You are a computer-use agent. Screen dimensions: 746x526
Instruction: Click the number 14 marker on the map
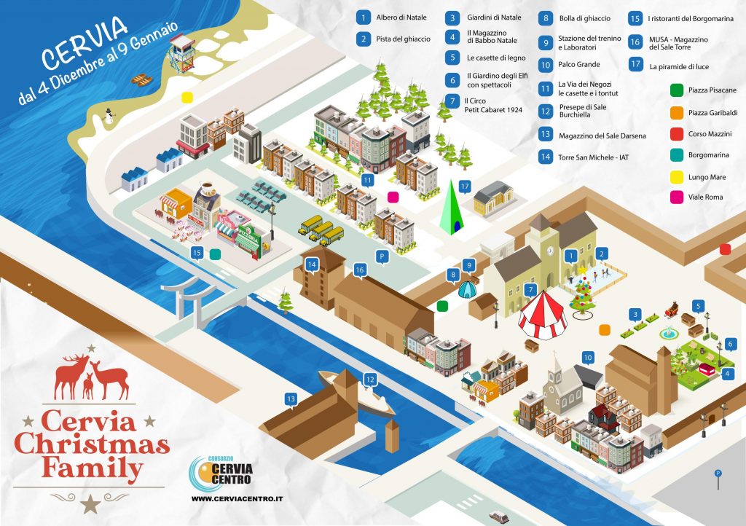tap(312, 265)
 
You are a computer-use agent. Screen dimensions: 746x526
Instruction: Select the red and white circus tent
tap(542, 315)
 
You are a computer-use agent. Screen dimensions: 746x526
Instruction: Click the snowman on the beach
tap(109, 116)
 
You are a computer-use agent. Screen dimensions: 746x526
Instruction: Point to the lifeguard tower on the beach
tap(181, 53)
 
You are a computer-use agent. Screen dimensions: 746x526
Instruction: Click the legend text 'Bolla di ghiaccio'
tap(585, 18)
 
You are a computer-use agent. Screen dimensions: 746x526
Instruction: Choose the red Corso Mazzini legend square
tap(677, 134)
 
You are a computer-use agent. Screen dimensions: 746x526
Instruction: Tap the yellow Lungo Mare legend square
tap(677, 177)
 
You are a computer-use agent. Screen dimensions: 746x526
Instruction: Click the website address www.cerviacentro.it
tap(237, 499)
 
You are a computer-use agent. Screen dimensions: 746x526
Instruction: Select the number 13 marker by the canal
tap(291, 399)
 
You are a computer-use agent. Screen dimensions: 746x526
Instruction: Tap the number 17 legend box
tap(635, 63)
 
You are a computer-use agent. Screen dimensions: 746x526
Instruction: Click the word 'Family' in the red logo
tap(93, 467)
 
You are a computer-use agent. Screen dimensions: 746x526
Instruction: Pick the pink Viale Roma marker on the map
tap(393, 197)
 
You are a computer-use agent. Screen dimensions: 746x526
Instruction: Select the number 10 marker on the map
tap(588, 358)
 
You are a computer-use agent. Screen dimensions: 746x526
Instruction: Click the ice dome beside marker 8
tap(467, 289)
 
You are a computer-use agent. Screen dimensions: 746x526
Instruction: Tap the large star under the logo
tap(90, 503)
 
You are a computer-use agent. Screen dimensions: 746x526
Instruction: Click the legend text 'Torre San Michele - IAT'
tap(593, 157)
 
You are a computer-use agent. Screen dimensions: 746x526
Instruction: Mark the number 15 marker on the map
tap(197, 253)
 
